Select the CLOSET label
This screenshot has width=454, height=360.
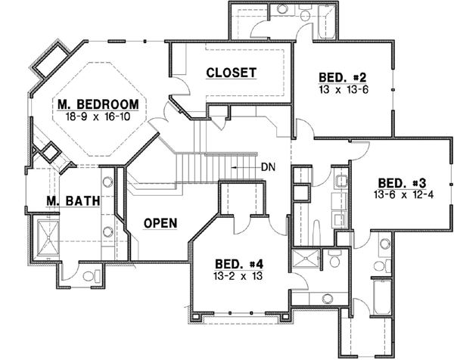[231, 73]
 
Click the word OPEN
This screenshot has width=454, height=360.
[160, 223]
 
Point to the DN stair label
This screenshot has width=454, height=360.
[267, 166]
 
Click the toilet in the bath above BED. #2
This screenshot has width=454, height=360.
[305, 14]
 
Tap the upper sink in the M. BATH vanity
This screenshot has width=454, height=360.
[108, 182]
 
